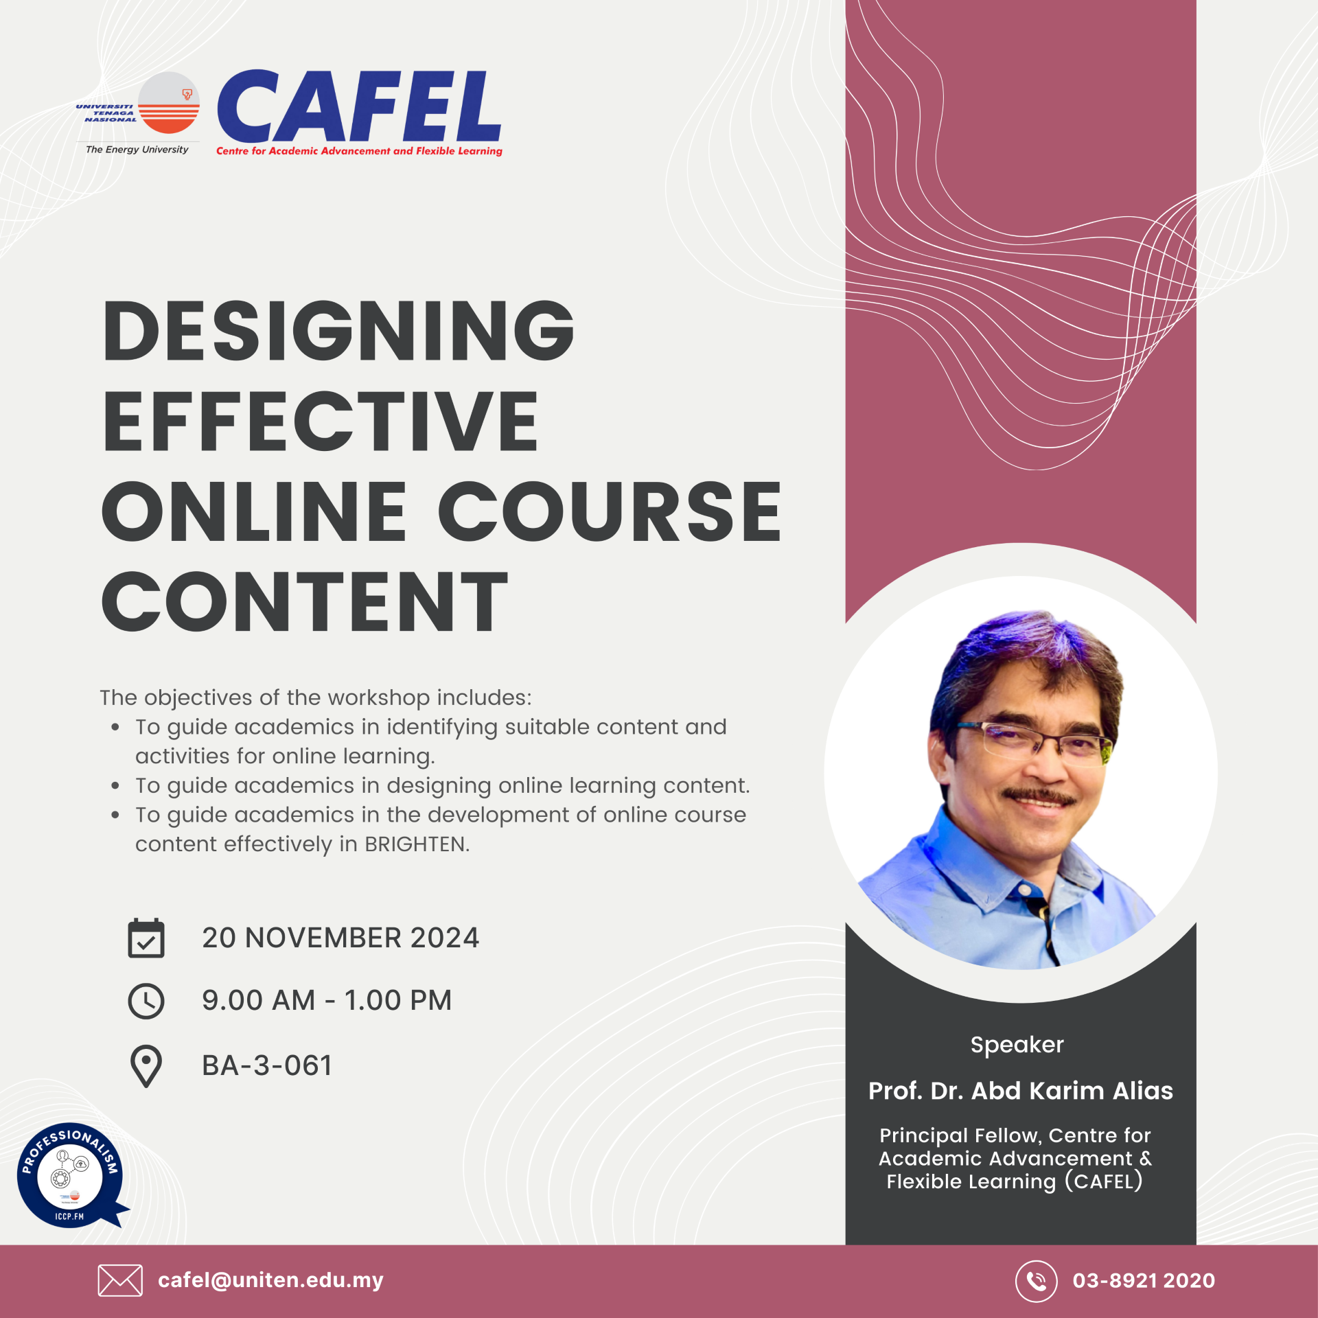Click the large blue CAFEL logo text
pos(359,107)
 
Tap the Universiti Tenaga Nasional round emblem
pos(169,103)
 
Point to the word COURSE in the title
pos(610,511)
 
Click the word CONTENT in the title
pos(304,601)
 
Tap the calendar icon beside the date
pos(146,938)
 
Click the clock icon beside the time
pos(146,1001)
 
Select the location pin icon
pos(146,1066)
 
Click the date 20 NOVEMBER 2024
pos(340,938)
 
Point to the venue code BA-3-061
pos(267,1065)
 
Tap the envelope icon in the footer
pos(120,1280)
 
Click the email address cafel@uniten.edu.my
pos(270,1280)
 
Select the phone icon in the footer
pos(1037,1281)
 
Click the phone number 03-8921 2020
pos(1144,1280)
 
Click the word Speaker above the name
pos(1017,1045)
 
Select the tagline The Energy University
pos(137,150)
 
